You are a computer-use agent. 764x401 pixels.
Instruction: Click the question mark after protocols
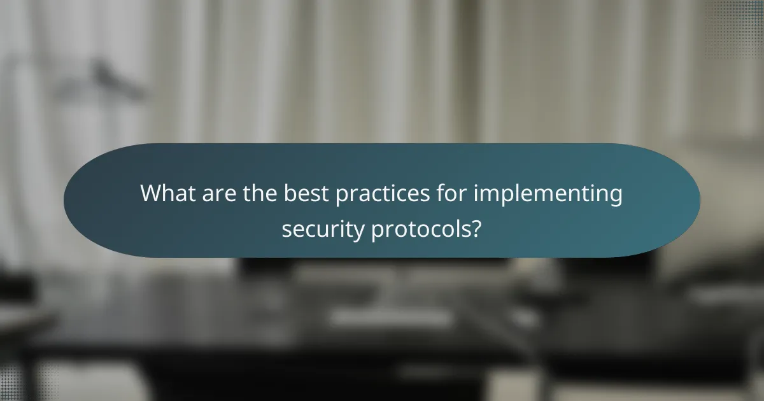click(x=476, y=227)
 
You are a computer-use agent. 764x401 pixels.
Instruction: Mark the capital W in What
click(x=152, y=193)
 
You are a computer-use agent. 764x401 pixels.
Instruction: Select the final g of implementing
click(x=615, y=197)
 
